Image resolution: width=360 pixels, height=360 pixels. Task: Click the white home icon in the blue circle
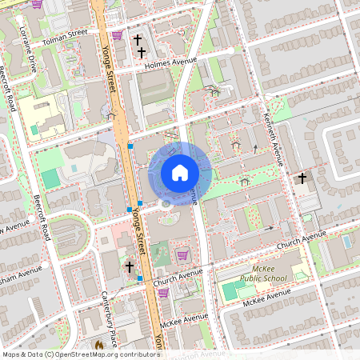180,173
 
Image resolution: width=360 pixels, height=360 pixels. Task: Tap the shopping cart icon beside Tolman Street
117,35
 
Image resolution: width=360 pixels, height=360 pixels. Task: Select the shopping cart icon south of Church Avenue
163,293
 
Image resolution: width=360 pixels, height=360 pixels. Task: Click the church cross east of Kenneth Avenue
302,178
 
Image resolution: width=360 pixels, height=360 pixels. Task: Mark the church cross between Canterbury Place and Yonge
130,267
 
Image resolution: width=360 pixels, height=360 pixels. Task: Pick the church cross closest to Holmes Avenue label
142,52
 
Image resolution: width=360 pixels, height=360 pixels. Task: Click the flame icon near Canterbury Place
99,346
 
